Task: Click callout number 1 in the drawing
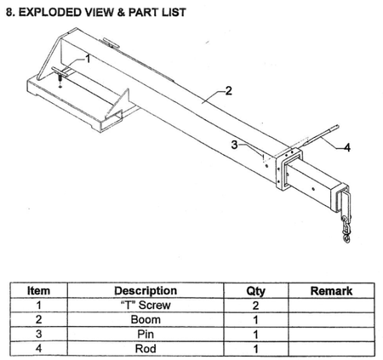(x=88, y=59)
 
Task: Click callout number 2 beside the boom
(x=228, y=91)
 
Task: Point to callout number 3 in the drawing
(x=234, y=145)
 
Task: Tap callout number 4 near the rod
(x=347, y=147)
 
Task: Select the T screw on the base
(x=60, y=75)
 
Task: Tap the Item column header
(x=38, y=291)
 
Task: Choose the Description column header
(x=146, y=291)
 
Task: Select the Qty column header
(x=255, y=291)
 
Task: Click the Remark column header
(x=331, y=291)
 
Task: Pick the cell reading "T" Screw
(x=146, y=306)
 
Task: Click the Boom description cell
(x=146, y=320)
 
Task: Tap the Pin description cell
(x=146, y=334)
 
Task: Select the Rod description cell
(x=146, y=349)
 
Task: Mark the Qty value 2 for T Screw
(x=255, y=306)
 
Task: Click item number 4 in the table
(x=38, y=348)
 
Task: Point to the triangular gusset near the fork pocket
(x=118, y=104)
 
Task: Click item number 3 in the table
(x=38, y=334)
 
